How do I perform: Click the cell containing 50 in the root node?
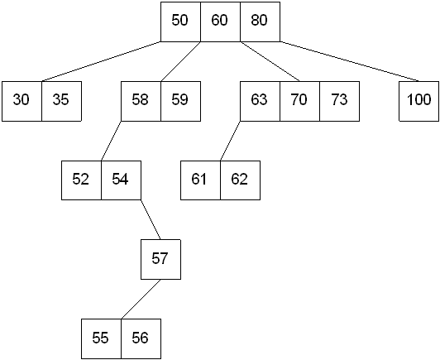tap(180, 22)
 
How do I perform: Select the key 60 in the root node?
tap(220, 22)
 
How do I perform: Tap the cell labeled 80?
tap(261, 22)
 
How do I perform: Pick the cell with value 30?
tap(22, 101)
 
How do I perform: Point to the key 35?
tap(62, 101)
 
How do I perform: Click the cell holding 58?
tap(141, 101)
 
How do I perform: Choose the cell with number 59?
tap(180, 101)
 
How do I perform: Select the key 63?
tap(261, 101)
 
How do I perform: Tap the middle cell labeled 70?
tap(299, 101)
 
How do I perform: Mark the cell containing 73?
tap(340, 101)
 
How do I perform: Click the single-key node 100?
tap(419, 101)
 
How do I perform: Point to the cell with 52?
tap(81, 180)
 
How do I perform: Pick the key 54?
tap(122, 180)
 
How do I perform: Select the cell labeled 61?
tap(200, 180)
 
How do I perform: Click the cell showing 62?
tap(240, 180)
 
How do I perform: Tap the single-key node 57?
tap(160, 260)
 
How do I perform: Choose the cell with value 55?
tap(101, 338)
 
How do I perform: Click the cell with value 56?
tap(141, 338)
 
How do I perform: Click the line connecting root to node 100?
tap(350, 61)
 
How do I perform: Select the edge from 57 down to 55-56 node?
tap(141, 299)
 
